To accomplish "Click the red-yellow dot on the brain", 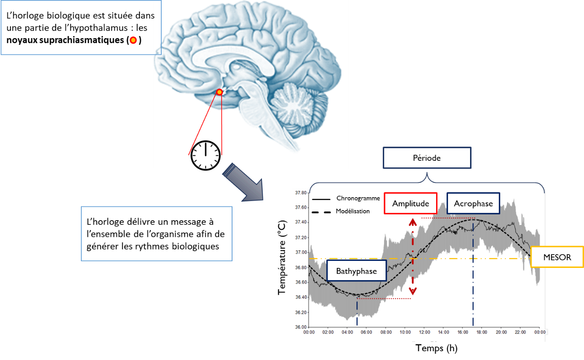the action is (220, 92).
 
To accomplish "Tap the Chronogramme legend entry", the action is (346, 198).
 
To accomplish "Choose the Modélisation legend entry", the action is (341, 211).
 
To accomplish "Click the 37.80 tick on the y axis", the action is (301, 193).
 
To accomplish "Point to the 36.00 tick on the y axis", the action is (301, 327).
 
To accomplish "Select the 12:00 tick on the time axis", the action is (424, 332).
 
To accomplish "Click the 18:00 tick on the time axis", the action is (482, 332).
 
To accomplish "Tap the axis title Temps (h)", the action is (437, 348).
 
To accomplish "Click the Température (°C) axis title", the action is (282, 257).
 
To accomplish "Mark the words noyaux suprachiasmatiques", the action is (65, 40).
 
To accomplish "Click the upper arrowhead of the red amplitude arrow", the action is (413, 222).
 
